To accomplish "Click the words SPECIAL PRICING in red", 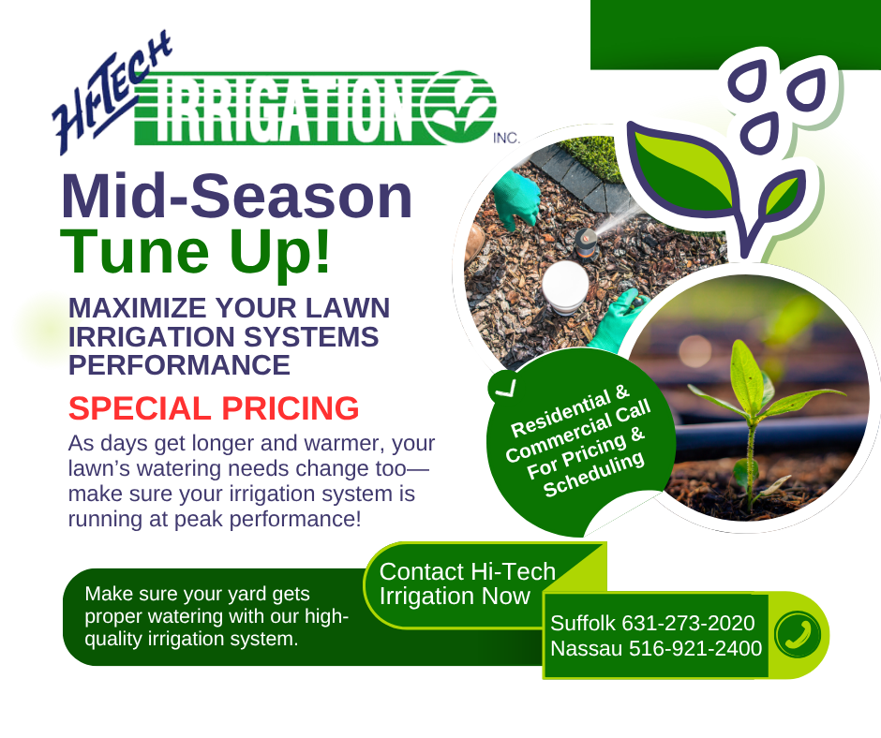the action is tap(214, 408).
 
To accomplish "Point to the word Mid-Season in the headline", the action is tap(236, 197).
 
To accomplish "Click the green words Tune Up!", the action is tap(196, 251).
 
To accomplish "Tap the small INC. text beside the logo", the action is tap(506, 138).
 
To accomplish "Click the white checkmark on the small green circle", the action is tap(507, 387).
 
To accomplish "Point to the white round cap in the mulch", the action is tap(565, 287).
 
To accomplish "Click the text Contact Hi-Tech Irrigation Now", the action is tap(468, 583).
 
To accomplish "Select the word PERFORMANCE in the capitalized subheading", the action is tap(179, 365).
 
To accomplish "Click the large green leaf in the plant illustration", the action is tap(682, 168).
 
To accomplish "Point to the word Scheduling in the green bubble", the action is tap(594, 474).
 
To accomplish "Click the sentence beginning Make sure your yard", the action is tap(217, 616).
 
